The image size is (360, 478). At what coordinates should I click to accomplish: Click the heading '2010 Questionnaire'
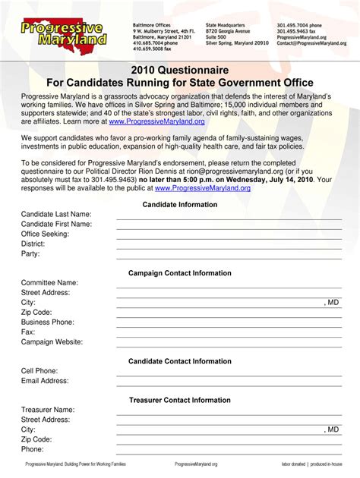pyautogui.click(x=180, y=70)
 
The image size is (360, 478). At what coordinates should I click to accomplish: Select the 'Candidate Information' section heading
pyautogui.click(x=180, y=204)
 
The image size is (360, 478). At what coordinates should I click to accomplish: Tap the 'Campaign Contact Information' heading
pyautogui.click(x=180, y=272)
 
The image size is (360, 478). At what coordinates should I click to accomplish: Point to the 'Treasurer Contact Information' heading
pyautogui.click(x=180, y=400)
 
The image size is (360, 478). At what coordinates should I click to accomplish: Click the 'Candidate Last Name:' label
pyautogui.click(x=56, y=215)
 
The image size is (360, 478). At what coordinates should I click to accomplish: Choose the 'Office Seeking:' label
pyautogui.click(x=46, y=234)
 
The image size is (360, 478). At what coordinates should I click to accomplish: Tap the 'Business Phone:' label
pyautogui.click(x=48, y=322)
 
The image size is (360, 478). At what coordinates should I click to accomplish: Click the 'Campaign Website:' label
pyautogui.click(x=52, y=341)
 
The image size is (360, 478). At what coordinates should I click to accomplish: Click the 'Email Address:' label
pyautogui.click(x=45, y=381)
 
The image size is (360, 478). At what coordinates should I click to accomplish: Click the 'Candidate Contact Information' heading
pyautogui.click(x=180, y=361)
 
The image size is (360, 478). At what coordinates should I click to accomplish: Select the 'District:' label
pyautogui.click(x=33, y=244)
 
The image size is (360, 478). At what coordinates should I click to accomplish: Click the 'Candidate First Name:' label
pyautogui.click(x=56, y=225)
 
